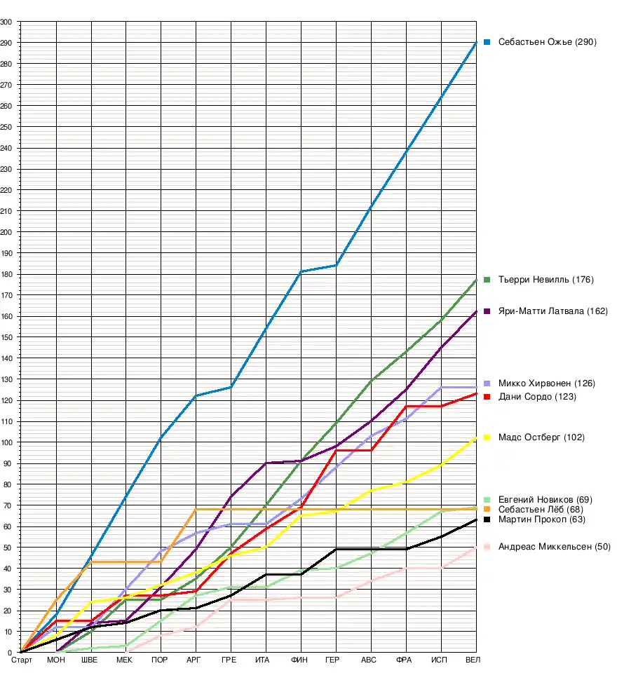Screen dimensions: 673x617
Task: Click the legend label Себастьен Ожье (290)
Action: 547,42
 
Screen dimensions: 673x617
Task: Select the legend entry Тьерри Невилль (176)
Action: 545,280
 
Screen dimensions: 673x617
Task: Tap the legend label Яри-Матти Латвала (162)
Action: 552,311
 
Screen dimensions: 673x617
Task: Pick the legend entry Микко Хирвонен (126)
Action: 546,383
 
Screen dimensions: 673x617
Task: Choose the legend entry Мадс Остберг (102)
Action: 541,437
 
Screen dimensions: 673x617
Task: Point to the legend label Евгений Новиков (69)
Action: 545,499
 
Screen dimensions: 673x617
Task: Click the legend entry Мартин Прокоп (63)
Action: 541,519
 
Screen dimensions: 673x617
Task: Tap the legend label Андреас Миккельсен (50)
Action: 554,546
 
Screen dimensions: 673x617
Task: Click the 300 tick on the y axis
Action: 7,22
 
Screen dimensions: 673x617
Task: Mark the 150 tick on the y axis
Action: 7,337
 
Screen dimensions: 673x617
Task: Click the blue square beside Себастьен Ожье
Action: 487,42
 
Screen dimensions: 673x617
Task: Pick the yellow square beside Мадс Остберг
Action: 487,437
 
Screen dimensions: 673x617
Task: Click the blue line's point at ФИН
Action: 301,272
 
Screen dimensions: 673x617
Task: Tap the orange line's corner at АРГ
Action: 196,510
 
